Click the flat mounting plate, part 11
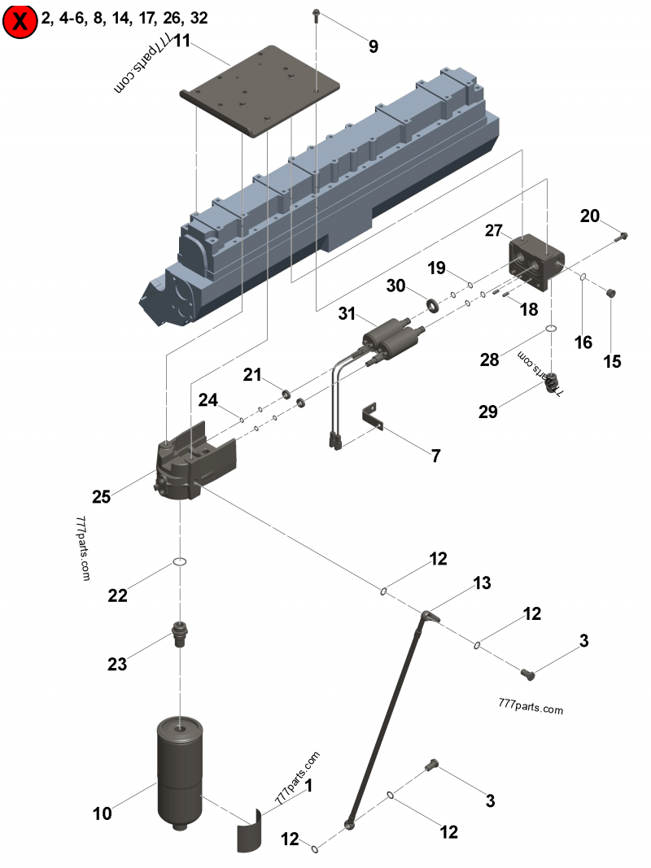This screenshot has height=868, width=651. (x=260, y=90)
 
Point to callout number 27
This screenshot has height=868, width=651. (x=494, y=230)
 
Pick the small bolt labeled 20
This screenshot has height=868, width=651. (x=623, y=236)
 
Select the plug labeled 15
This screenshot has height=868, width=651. (x=614, y=294)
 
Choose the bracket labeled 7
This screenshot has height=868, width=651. (x=374, y=415)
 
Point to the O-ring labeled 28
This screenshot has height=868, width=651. (x=551, y=329)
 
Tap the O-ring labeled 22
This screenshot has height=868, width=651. (x=180, y=562)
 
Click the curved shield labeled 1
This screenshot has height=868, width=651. (x=251, y=830)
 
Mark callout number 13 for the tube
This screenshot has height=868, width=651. (x=483, y=582)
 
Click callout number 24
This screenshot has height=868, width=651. (x=208, y=400)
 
